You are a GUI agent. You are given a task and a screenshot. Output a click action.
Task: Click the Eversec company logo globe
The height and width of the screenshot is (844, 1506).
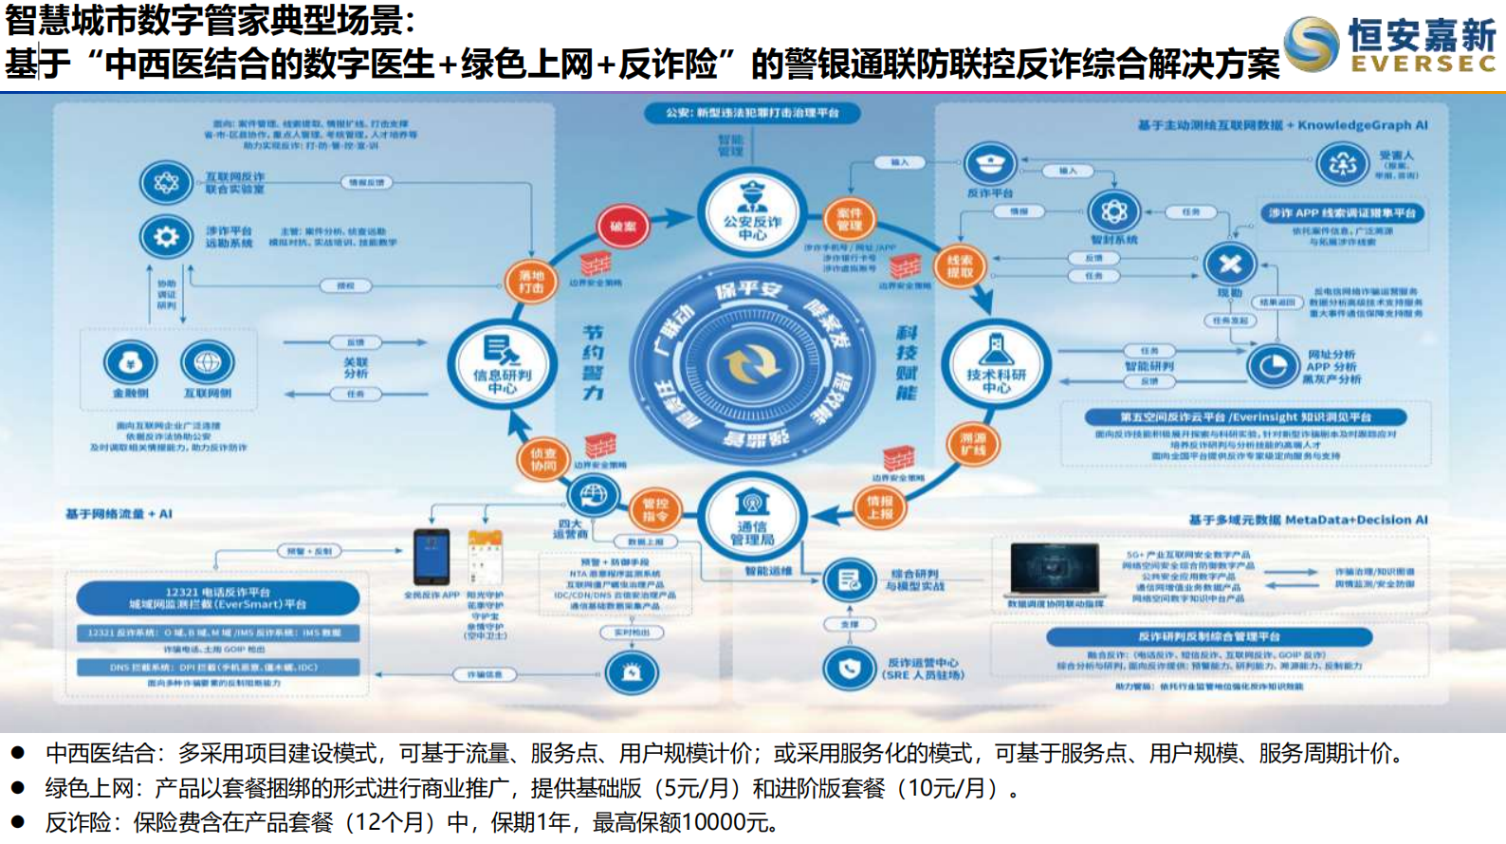[1312, 45]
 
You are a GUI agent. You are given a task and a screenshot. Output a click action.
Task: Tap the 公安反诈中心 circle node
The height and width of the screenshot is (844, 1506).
[752, 213]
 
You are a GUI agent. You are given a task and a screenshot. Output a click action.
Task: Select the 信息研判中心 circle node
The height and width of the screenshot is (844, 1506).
[502, 364]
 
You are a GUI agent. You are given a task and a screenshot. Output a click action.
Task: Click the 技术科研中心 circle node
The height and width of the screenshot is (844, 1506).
[996, 364]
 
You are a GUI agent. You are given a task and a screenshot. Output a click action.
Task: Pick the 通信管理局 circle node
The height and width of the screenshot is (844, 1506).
[752, 518]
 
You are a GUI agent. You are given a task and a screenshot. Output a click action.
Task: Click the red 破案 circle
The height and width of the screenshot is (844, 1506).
[623, 227]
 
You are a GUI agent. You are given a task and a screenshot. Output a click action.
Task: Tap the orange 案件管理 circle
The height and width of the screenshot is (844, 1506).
[849, 219]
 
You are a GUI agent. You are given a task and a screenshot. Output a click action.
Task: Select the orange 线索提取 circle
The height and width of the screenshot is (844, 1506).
[960, 266]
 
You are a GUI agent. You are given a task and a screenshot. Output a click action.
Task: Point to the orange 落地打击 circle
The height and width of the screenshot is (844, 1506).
[530, 282]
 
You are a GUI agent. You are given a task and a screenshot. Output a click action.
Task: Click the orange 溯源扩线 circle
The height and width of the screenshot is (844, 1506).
[973, 444]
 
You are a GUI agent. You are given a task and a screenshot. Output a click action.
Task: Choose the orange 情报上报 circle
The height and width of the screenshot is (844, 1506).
[879, 507]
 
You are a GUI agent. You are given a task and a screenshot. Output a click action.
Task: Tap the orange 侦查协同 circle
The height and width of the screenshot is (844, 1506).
[542, 460]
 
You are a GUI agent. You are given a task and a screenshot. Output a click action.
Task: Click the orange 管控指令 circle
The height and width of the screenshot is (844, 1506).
[655, 510]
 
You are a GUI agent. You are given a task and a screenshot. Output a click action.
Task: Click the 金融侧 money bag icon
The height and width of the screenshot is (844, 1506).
[131, 362]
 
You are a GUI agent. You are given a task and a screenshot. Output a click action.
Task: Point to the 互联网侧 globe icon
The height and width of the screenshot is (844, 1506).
[208, 362]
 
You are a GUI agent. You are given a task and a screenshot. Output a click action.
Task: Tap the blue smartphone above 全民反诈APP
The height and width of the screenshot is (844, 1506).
[432, 558]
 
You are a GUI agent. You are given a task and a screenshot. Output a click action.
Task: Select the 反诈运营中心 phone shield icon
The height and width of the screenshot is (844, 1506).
[849, 669]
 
